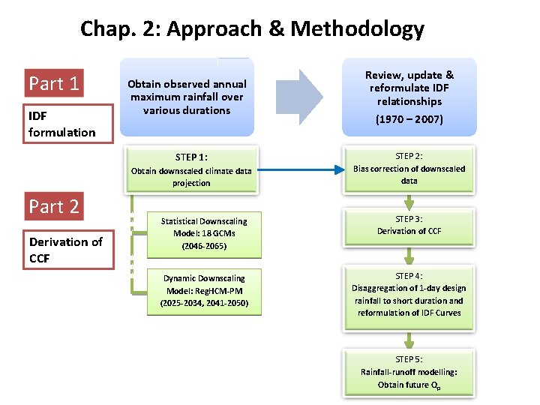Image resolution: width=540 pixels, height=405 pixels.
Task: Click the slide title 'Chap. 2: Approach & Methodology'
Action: (x=252, y=29)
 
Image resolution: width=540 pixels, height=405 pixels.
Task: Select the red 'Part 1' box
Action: (x=53, y=82)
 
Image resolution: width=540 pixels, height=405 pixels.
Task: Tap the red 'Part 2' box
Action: (x=53, y=205)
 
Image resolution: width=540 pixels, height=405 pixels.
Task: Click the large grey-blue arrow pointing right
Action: (x=299, y=96)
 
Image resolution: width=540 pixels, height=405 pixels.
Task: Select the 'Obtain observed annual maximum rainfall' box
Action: (x=187, y=97)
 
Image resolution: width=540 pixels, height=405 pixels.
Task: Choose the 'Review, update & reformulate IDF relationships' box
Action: (x=409, y=96)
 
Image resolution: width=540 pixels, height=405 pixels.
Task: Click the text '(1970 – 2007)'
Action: (x=409, y=119)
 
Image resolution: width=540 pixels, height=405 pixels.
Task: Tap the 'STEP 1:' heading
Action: (x=191, y=157)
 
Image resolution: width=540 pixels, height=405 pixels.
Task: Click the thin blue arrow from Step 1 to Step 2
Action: (x=301, y=169)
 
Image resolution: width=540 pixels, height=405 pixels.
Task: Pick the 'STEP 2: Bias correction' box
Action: (x=409, y=168)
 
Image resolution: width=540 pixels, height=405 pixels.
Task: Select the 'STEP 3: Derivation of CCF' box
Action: (x=409, y=225)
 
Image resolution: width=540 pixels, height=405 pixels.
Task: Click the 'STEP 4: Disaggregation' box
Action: (x=409, y=294)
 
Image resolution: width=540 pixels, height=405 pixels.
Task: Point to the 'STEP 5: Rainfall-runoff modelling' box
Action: (x=409, y=372)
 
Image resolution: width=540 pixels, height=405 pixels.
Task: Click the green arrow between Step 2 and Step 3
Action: (x=409, y=202)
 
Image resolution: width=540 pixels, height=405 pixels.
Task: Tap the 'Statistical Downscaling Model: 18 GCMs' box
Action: (x=203, y=233)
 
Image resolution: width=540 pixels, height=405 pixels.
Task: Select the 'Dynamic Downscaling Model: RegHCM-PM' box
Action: (x=203, y=291)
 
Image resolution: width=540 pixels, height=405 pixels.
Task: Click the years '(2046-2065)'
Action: (x=203, y=246)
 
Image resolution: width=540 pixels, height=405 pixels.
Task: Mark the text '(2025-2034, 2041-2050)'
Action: (x=203, y=304)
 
